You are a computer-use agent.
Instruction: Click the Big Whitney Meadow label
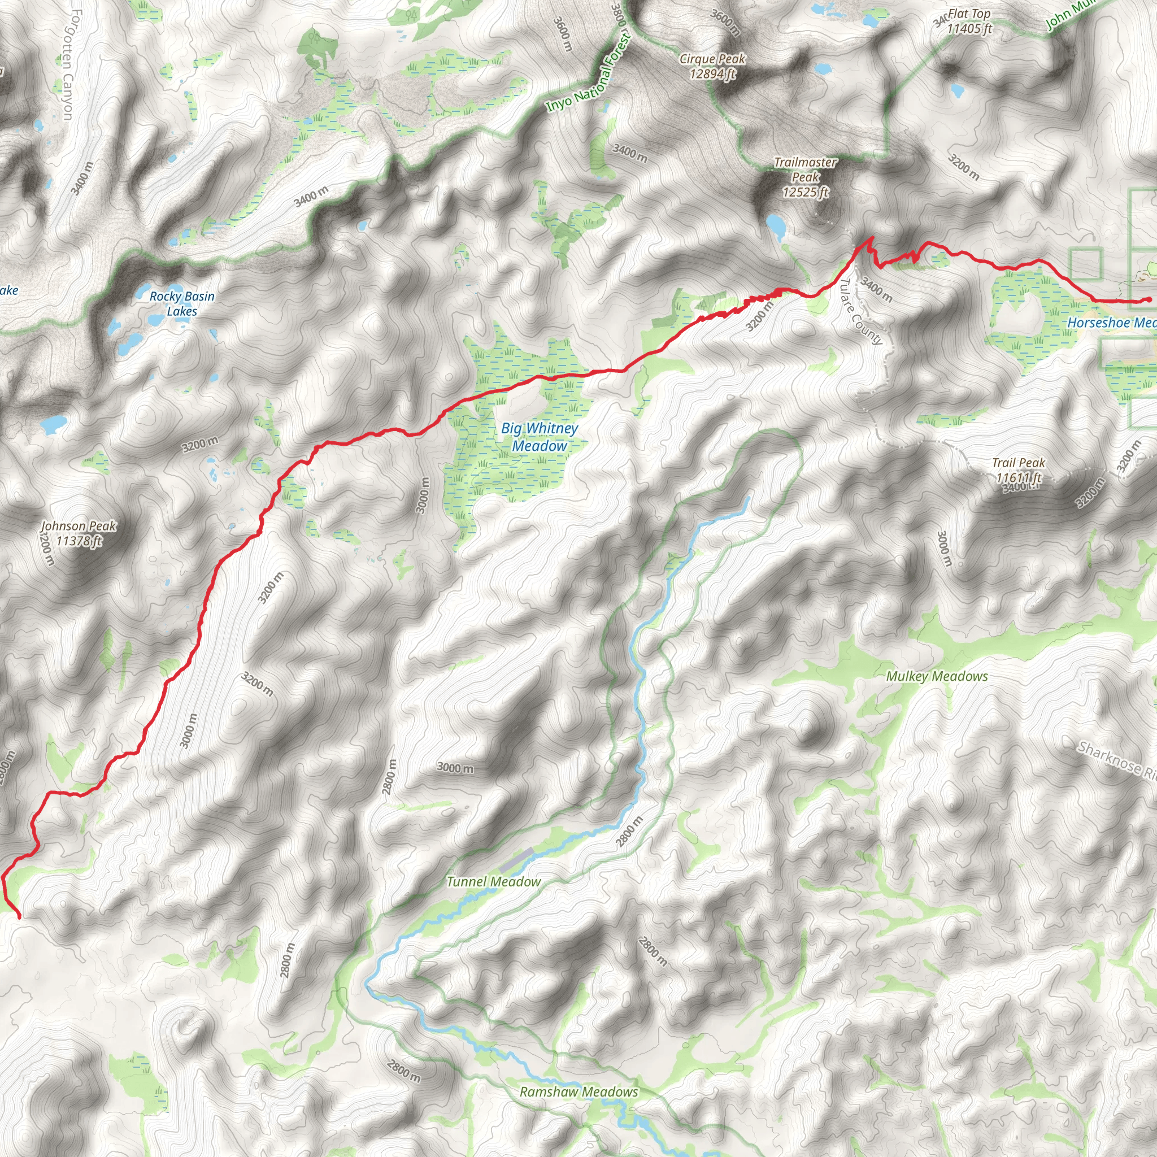(x=539, y=437)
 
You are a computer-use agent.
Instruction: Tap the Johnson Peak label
(x=79, y=533)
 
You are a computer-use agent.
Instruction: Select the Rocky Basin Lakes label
(x=181, y=303)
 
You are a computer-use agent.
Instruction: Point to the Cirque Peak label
(x=712, y=66)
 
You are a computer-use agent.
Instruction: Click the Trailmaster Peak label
(x=805, y=177)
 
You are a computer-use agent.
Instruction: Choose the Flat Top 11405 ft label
(x=968, y=21)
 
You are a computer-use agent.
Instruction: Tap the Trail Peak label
(x=1018, y=470)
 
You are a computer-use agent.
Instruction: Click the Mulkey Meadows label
(x=937, y=676)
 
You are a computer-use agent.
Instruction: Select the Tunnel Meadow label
(x=493, y=881)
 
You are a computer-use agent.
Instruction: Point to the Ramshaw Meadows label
(x=578, y=1091)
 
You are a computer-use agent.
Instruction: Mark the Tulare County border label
(x=861, y=312)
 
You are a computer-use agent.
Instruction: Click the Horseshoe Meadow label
(x=1111, y=323)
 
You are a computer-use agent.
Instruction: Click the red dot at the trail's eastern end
(x=1149, y=300)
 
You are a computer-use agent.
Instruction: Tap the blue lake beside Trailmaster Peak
(x=776, y=227)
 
